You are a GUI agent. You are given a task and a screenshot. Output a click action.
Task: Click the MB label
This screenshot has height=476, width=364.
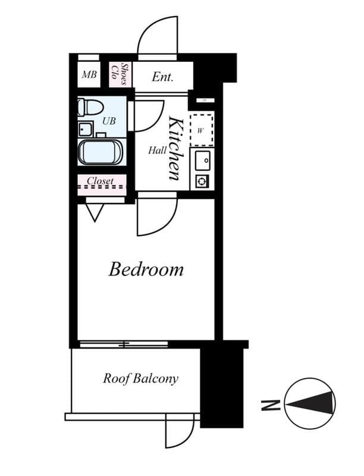tap(89, 76)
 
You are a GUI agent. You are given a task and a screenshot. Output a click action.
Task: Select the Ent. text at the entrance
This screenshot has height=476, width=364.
tap(162, 77)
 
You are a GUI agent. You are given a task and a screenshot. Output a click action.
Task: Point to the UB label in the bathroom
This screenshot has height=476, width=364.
tap(109, 121)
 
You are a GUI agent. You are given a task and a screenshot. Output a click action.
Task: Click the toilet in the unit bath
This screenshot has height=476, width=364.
tap(90, 108)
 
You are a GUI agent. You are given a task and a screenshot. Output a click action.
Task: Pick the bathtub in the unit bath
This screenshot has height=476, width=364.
tap(101, 152)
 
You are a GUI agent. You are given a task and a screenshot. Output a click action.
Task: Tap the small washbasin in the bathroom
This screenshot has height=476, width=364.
tap(85, 129)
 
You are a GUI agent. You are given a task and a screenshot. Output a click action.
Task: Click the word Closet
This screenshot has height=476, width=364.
tap(101, 180)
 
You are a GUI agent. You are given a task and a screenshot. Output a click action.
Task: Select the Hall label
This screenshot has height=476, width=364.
tap(157, 151)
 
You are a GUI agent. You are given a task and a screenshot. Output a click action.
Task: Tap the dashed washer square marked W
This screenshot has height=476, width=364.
tap(201, 129)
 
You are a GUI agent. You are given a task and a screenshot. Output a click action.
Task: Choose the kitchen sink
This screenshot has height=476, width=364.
tap(202, 160)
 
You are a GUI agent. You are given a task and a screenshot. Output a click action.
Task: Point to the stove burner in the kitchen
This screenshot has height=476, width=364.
tap(202, 181)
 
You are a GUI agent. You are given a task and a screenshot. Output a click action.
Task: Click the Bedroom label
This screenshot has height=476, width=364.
tap(146, 270)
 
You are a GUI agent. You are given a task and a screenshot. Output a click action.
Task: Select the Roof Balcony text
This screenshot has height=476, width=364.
tap(140, 378)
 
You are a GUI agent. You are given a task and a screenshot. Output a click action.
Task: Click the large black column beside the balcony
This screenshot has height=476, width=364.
tap(222, 387)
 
